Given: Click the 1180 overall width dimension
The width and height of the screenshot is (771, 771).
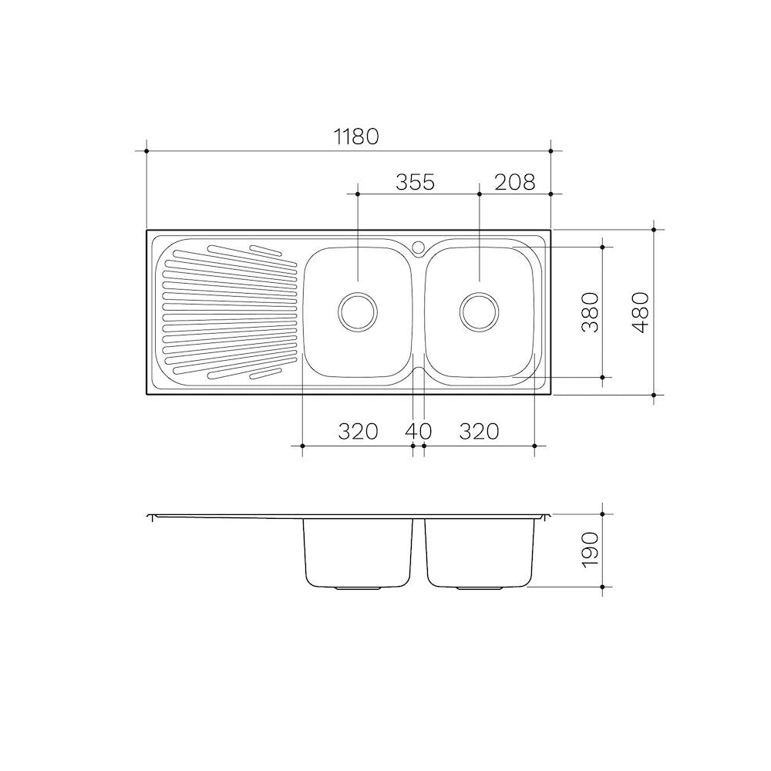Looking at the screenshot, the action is [356, 136].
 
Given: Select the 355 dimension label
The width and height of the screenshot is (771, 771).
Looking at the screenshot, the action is [416, 182].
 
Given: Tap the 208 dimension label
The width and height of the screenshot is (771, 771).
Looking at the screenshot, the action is [514, 182].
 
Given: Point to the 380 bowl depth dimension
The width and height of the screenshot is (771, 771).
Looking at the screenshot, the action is [591, 312].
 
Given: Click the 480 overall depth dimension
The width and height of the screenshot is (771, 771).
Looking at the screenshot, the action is [640, 312].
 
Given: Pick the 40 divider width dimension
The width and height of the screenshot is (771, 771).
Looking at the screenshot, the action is [419, 431].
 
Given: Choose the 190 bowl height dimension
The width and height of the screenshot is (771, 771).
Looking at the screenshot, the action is [591, 550].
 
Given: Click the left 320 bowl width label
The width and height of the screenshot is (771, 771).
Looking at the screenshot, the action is [359, 431].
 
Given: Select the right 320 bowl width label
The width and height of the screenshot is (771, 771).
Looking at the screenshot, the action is [480, 431].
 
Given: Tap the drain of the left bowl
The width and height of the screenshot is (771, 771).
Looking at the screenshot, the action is [358, 311].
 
